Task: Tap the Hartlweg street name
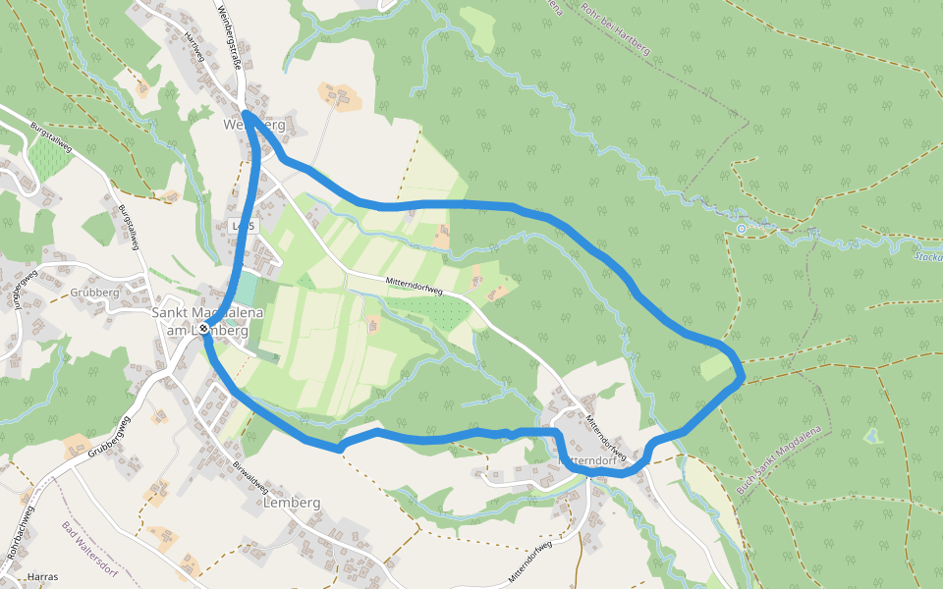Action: [x=194, y=49]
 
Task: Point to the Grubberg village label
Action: [x=95, y=293]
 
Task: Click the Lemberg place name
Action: [x=293, y=503]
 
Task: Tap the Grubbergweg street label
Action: [x=109, y=439]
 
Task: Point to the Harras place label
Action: [x=44, y=576]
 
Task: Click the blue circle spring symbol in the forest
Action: [x=742, y=229]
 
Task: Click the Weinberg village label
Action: [x=254, y=126]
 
